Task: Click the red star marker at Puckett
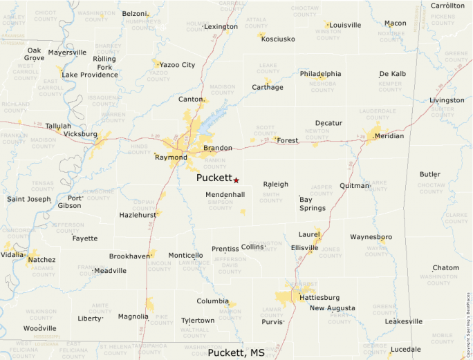(236, 180)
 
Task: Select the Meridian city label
(389, 136)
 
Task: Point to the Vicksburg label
(80, 133)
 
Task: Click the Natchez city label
(41, 260)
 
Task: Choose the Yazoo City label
(177, 65)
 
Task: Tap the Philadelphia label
(320, 74)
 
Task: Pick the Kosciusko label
(278, 39)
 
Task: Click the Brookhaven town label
(129, 256)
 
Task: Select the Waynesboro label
(371, 237)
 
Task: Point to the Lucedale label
(405, 349)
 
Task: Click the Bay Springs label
(312, 203)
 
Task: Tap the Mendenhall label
(225, 195)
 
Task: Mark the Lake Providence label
(90, 75)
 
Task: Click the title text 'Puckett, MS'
(236, 352)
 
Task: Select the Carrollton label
(447, 6)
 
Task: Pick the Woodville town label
(39, 328)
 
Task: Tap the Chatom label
(445, 268)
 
